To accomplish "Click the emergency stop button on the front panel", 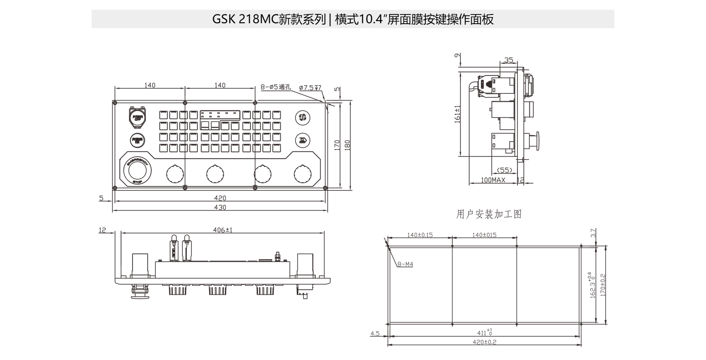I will click(138, 169).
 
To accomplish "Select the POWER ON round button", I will click(137, 140).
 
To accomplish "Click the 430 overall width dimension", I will click(220, 207).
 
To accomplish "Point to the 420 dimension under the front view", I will click(220, 198).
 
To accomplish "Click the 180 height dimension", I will click(348, 145).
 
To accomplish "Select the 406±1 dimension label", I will click(223, 230).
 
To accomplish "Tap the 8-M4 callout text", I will click(406, 264).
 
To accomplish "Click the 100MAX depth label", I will click(493, 180).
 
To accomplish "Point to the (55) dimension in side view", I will click(505, 170).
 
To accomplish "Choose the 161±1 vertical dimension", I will click(457, 114).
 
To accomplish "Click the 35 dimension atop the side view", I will click(508, 60).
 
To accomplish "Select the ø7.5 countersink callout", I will click(310, 88).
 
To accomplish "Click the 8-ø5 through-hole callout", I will click(275, 87).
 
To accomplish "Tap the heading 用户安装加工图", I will click(489, 214).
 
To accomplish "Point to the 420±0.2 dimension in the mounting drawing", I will click(484, 342).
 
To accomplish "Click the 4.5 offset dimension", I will click(375, 333).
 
